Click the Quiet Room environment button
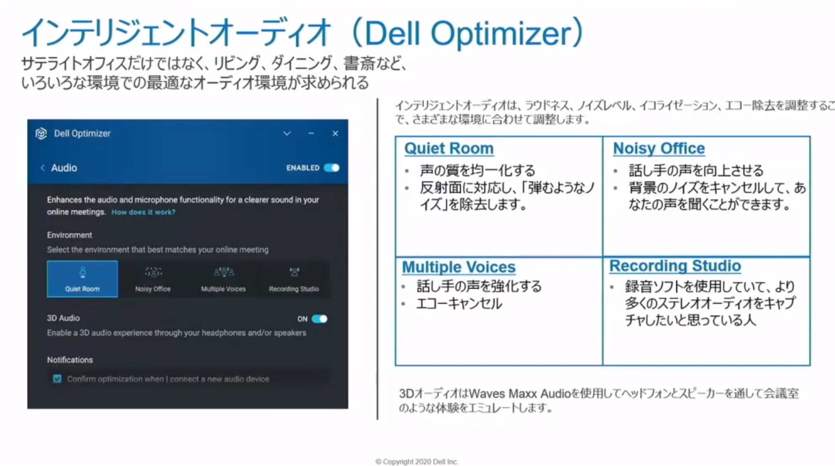tap(82, 279)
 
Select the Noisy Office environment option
tap(153, 279)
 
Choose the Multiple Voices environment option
tap(223, 279)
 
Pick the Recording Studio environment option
tap(294, 279)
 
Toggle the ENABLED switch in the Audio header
tap(332, 168)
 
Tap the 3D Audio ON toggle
tap(319, 319)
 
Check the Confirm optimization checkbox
tap(57, 379)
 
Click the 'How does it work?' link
tap(143, 212)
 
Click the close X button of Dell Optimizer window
tap(335, 133)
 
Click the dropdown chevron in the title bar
tap(287, 133)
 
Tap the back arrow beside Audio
tap(42, 168)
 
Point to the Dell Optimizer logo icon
tap(41, 133)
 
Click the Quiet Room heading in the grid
tap(449, 148)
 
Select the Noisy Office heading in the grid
tap(659, 148)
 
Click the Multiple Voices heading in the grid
tap(458, 267)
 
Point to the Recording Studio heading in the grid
tap(675, 266)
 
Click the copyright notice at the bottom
tap(417, 461)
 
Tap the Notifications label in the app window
tap(70, 360)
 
